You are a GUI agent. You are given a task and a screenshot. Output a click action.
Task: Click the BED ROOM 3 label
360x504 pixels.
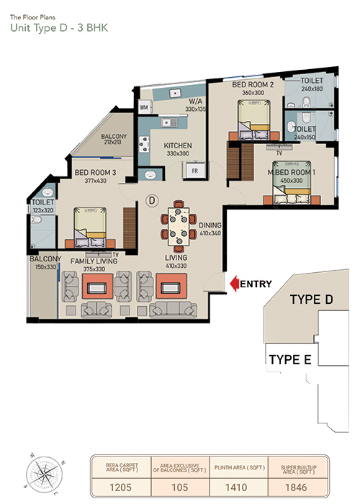(x=95, y=172)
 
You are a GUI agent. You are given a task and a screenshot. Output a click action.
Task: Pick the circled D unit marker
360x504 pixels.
(x=152, y=199)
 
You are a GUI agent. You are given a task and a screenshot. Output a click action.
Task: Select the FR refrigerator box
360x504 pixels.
(x=194, y=170)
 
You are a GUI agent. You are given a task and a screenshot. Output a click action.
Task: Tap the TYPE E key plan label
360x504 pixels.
(x=289, y=359)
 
